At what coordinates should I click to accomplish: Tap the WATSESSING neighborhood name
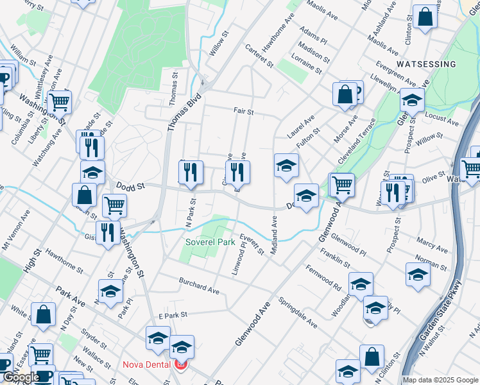coord(426,64)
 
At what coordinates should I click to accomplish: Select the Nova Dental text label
coord(146,364)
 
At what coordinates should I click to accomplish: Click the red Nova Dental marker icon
coord(180,364)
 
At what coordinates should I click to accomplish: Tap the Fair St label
coord(244,112)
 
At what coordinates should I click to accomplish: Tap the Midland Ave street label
coord(274,235)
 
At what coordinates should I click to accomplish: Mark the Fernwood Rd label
coord(323,277)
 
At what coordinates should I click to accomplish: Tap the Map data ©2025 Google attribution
coord(440,380)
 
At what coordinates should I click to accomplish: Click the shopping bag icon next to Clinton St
coord(425,18)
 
